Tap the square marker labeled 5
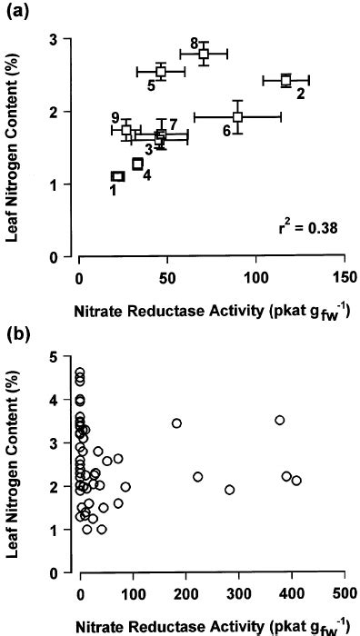pyautogui.click(x=161, y=71)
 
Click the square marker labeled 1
pyautogui.click(x=117, y=176)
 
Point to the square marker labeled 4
pyautogui.click(x=138, y=164)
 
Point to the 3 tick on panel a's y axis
pyautogui.click(x=66, y=39)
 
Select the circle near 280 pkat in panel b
pyautogui.click(x=229, y=490)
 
